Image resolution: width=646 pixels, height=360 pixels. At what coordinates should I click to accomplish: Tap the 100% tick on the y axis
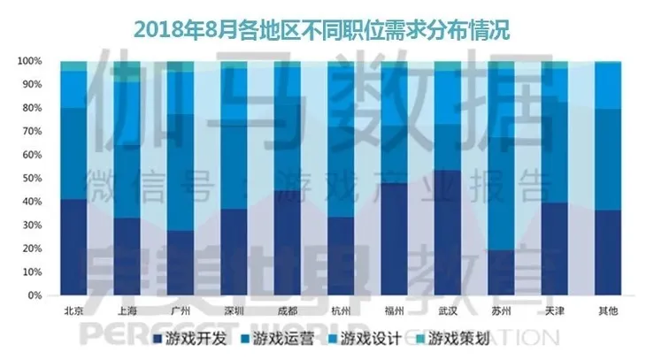point(30,61)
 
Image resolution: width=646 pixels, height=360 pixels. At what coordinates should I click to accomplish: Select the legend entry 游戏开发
point(190,340)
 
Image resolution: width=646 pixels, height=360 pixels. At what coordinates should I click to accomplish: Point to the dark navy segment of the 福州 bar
point(395,239)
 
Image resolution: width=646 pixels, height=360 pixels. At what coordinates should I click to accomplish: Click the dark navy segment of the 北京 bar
point(74,247)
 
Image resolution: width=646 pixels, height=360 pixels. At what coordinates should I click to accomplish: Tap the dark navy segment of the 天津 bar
point(554,249)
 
